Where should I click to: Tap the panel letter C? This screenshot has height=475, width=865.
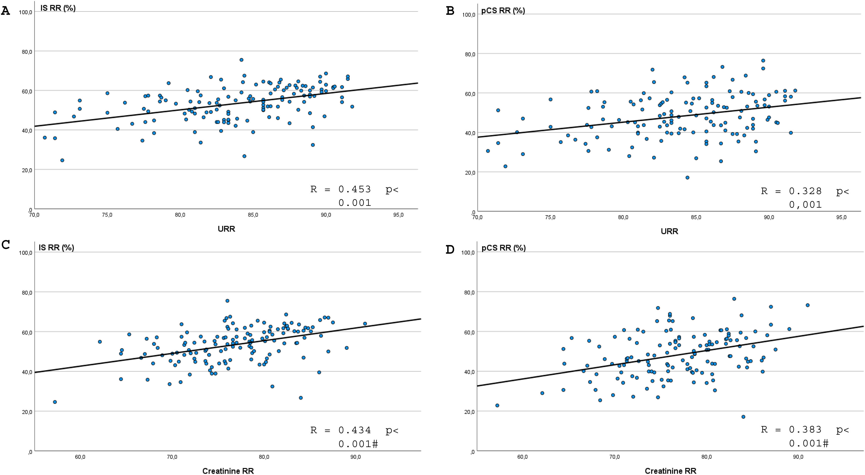click(5, 245)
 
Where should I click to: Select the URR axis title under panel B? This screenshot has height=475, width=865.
click(669, 231)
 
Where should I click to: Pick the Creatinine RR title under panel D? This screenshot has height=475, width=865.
click(670, 471)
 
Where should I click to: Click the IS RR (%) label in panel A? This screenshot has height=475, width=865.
click(58, 8)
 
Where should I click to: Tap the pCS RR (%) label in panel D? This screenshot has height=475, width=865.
click(503, 248)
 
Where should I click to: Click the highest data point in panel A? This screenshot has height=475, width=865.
click(241, 60)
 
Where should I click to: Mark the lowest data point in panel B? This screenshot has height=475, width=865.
click(687, 177)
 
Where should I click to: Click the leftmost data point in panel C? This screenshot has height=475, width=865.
click(55, 402)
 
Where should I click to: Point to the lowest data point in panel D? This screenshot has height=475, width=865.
click(743, 417)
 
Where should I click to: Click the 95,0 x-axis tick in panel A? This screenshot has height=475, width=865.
click(398, 215)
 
